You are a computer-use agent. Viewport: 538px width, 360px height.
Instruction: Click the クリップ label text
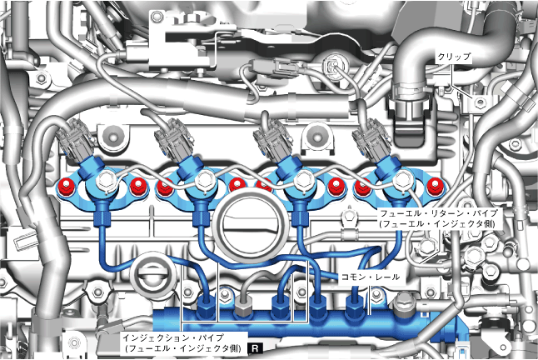click(454, 57)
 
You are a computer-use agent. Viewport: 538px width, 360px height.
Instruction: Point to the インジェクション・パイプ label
click(181, 342)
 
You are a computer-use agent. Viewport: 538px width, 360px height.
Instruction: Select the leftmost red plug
click(65, 185)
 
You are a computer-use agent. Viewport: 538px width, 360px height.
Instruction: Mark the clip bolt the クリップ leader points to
click(481, 102)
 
